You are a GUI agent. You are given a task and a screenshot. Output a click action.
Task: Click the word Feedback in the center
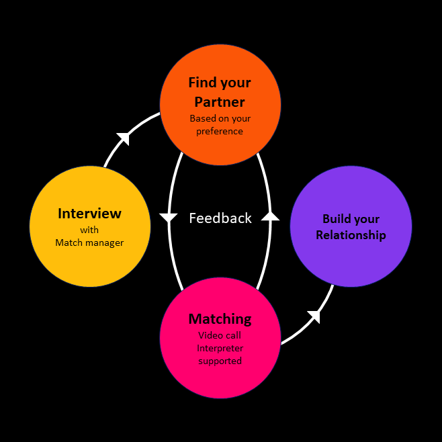tap(220, 218)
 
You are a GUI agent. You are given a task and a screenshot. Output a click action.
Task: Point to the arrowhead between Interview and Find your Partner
tap(123, 138)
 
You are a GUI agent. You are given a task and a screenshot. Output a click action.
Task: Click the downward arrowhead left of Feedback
tap(168, 218)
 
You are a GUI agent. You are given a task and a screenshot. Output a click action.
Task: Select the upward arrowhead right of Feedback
tap(270, 216)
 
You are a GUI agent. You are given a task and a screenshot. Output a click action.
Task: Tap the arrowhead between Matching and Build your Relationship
tap(314, 316)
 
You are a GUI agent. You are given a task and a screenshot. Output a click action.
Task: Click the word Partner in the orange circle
tap(220, 102)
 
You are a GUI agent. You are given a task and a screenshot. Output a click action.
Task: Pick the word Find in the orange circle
tap(202, 83)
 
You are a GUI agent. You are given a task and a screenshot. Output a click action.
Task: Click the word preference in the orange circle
tap(220, 131)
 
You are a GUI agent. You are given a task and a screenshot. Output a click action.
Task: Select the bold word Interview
tap(90, 214)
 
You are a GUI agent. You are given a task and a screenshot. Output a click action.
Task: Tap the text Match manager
tap(90, 242)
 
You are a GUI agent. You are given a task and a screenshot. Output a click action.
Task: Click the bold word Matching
tap(220, 319)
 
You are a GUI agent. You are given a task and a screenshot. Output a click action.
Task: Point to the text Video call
tap(220, 335)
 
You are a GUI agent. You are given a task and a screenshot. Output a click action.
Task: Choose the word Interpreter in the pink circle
tap(220, 348)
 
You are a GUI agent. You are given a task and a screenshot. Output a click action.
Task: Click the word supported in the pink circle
tap(220, 361)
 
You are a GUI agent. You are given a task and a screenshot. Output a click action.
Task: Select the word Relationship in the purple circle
tap(351, 235)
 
